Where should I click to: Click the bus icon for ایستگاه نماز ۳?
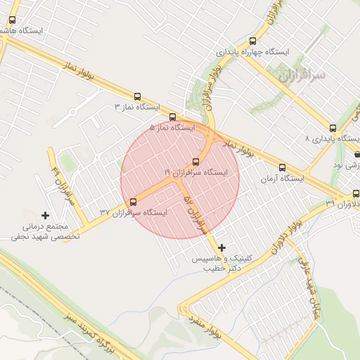[x=137, y=97]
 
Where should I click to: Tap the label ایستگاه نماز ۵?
[x=172, y=128]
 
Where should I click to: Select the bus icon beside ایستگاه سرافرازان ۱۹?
[x=195, y=162]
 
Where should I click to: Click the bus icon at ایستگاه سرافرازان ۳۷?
[x=134, y=202]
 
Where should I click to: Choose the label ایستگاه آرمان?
[x=282, y=179]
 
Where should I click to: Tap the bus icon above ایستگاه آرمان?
[x=282, y=168]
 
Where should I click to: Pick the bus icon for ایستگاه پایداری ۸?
[x=333, y=129]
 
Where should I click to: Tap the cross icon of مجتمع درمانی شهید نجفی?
[x=46, y=215]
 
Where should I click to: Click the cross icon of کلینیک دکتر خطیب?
[x=222, y=247]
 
